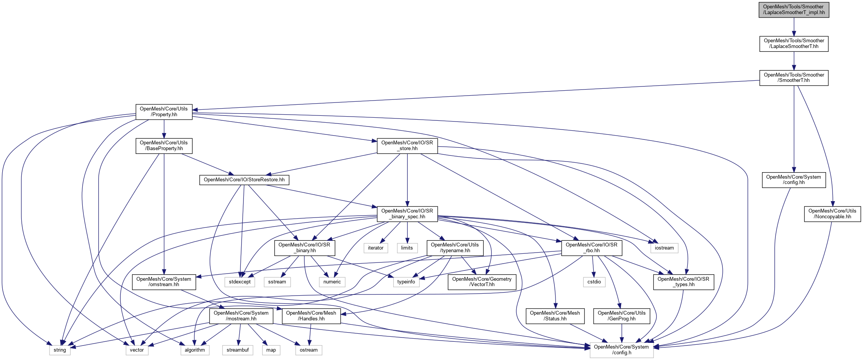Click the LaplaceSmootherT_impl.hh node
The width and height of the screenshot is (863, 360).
pos(794,10)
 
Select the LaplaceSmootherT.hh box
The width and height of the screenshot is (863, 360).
pos(794,44)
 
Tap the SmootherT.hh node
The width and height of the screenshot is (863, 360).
pos(794,78)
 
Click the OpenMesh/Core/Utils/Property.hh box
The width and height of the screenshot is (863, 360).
pos(164,112)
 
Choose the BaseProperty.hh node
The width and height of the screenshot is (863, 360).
pos(164,146)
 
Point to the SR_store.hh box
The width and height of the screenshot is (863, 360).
pos(407,146)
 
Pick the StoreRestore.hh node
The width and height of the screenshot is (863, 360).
pos(244,180)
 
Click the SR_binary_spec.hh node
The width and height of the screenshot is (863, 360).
pos(407,214)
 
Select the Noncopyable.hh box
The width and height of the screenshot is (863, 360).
pos(832,214)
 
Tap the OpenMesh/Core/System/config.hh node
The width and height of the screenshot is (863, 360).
pos(794,180)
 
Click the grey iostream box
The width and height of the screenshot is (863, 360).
pos(664,248)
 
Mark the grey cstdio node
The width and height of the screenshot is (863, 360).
pos(594,282)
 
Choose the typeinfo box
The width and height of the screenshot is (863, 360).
pos(406,282)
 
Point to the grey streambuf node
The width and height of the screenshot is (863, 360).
pos(237,350)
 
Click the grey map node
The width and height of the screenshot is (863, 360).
pos(271,350)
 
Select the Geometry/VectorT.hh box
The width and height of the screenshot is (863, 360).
pos(482,282)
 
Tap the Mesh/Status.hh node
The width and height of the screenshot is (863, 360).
pos(555,316)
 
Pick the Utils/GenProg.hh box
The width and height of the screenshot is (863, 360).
pos(621,316)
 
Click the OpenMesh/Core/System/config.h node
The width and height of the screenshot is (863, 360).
pos(621,350)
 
